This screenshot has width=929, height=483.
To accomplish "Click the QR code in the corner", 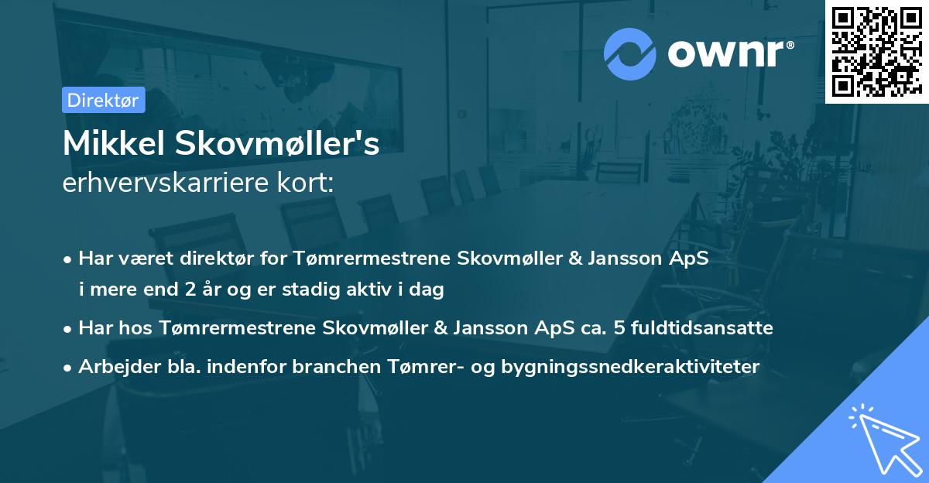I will [x=876, y=51].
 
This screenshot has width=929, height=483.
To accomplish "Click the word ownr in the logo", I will [x=725, y=53].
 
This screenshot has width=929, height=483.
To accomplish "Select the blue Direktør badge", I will [x=103, y=100].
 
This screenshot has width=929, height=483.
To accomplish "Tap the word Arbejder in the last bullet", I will [x=111, y=367].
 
